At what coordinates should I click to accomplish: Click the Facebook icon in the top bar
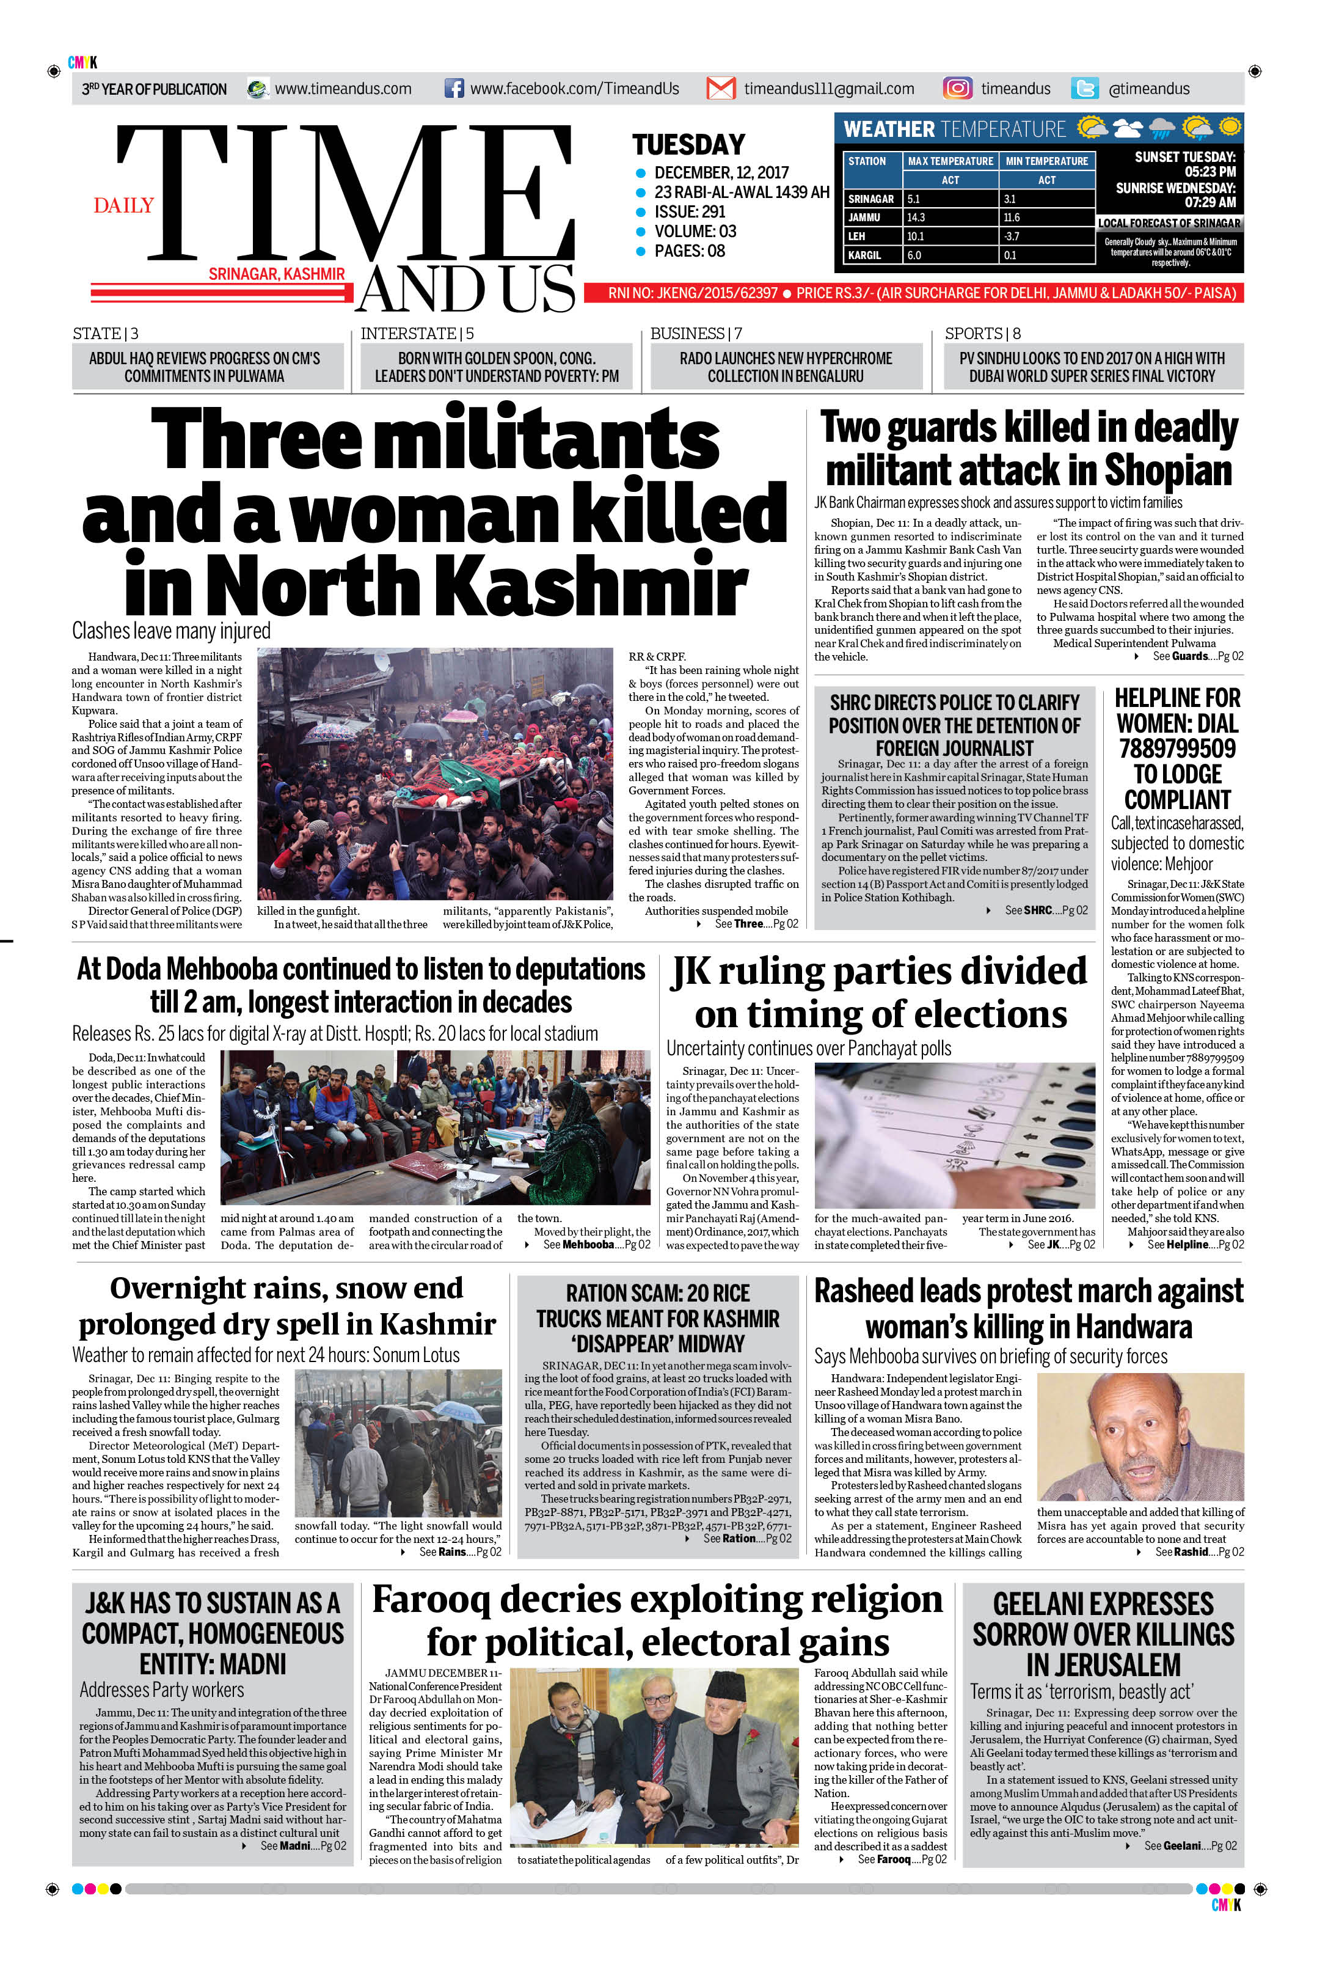(453, 88)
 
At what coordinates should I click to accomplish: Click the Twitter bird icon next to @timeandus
(1084, 88)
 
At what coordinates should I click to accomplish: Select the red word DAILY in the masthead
(123, 205)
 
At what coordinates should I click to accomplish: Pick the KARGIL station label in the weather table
(864, 255)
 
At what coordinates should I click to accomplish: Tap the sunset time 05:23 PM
(1210, 172)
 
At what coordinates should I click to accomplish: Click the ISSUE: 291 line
(690, 212)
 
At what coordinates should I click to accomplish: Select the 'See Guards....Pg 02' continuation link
(1197, 656)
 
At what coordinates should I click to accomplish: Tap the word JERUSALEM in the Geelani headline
(1103, 1665)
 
